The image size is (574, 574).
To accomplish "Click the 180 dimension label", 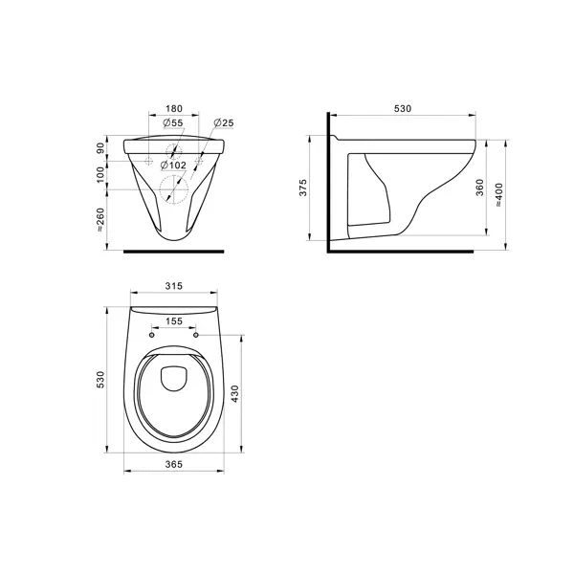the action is point(173,109).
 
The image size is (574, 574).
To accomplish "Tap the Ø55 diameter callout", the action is point(173,122).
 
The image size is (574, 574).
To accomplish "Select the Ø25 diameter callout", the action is point(224,122).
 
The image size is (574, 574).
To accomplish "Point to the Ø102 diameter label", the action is point(173,166).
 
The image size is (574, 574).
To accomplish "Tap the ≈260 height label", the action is point(100,220).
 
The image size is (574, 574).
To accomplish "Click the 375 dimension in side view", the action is point(303,188).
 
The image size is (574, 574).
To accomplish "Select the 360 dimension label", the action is point(480,188).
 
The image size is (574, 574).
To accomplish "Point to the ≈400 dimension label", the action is point(499,195).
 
